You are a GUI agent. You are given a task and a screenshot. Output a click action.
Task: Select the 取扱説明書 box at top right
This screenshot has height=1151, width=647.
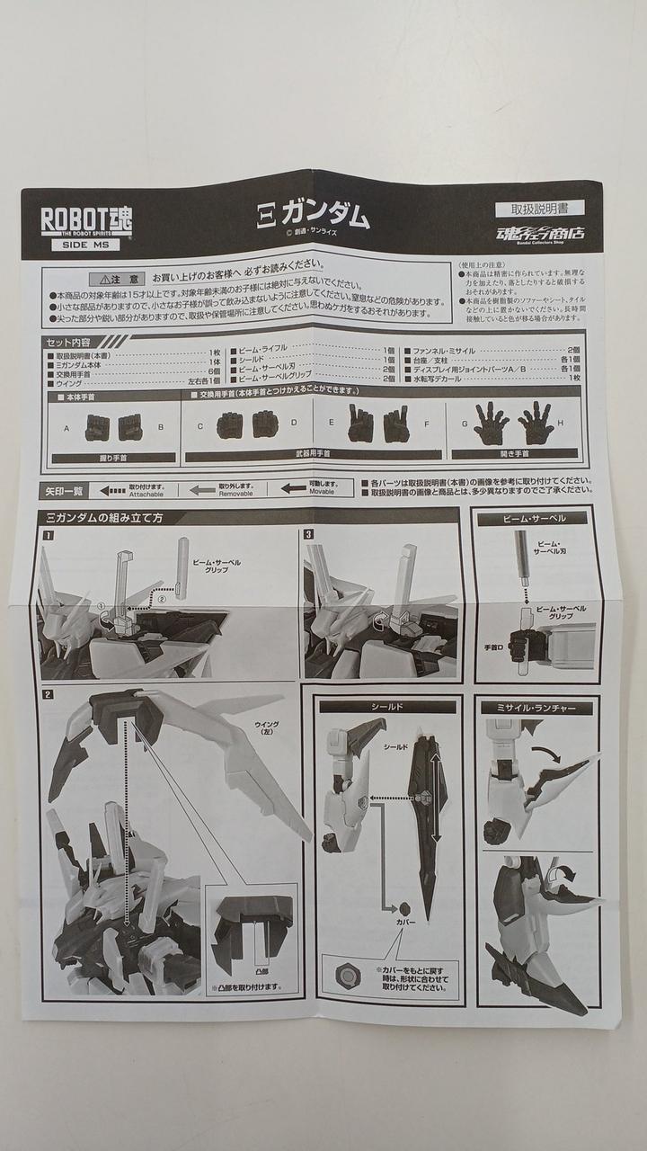tap(547, 210)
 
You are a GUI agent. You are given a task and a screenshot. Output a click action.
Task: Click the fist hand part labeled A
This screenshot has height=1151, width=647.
tap(97, 427)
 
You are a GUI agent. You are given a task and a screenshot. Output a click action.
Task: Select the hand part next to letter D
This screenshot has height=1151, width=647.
tap(265, 424)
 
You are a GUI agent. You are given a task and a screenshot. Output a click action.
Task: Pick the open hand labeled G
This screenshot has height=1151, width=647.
tap(491, 424)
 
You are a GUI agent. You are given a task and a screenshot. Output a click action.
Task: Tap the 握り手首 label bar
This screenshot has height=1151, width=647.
tap(114, 457)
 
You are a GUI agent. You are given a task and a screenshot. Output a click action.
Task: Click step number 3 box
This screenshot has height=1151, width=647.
tap(308, 534)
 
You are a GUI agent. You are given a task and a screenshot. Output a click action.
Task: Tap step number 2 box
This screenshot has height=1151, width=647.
tap(49, 693)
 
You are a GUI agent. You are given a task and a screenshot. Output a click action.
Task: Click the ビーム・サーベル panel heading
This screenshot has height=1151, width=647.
tap(538, 519)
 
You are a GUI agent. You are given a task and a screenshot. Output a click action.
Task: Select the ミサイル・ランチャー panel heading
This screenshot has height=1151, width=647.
tap(536, 708)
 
